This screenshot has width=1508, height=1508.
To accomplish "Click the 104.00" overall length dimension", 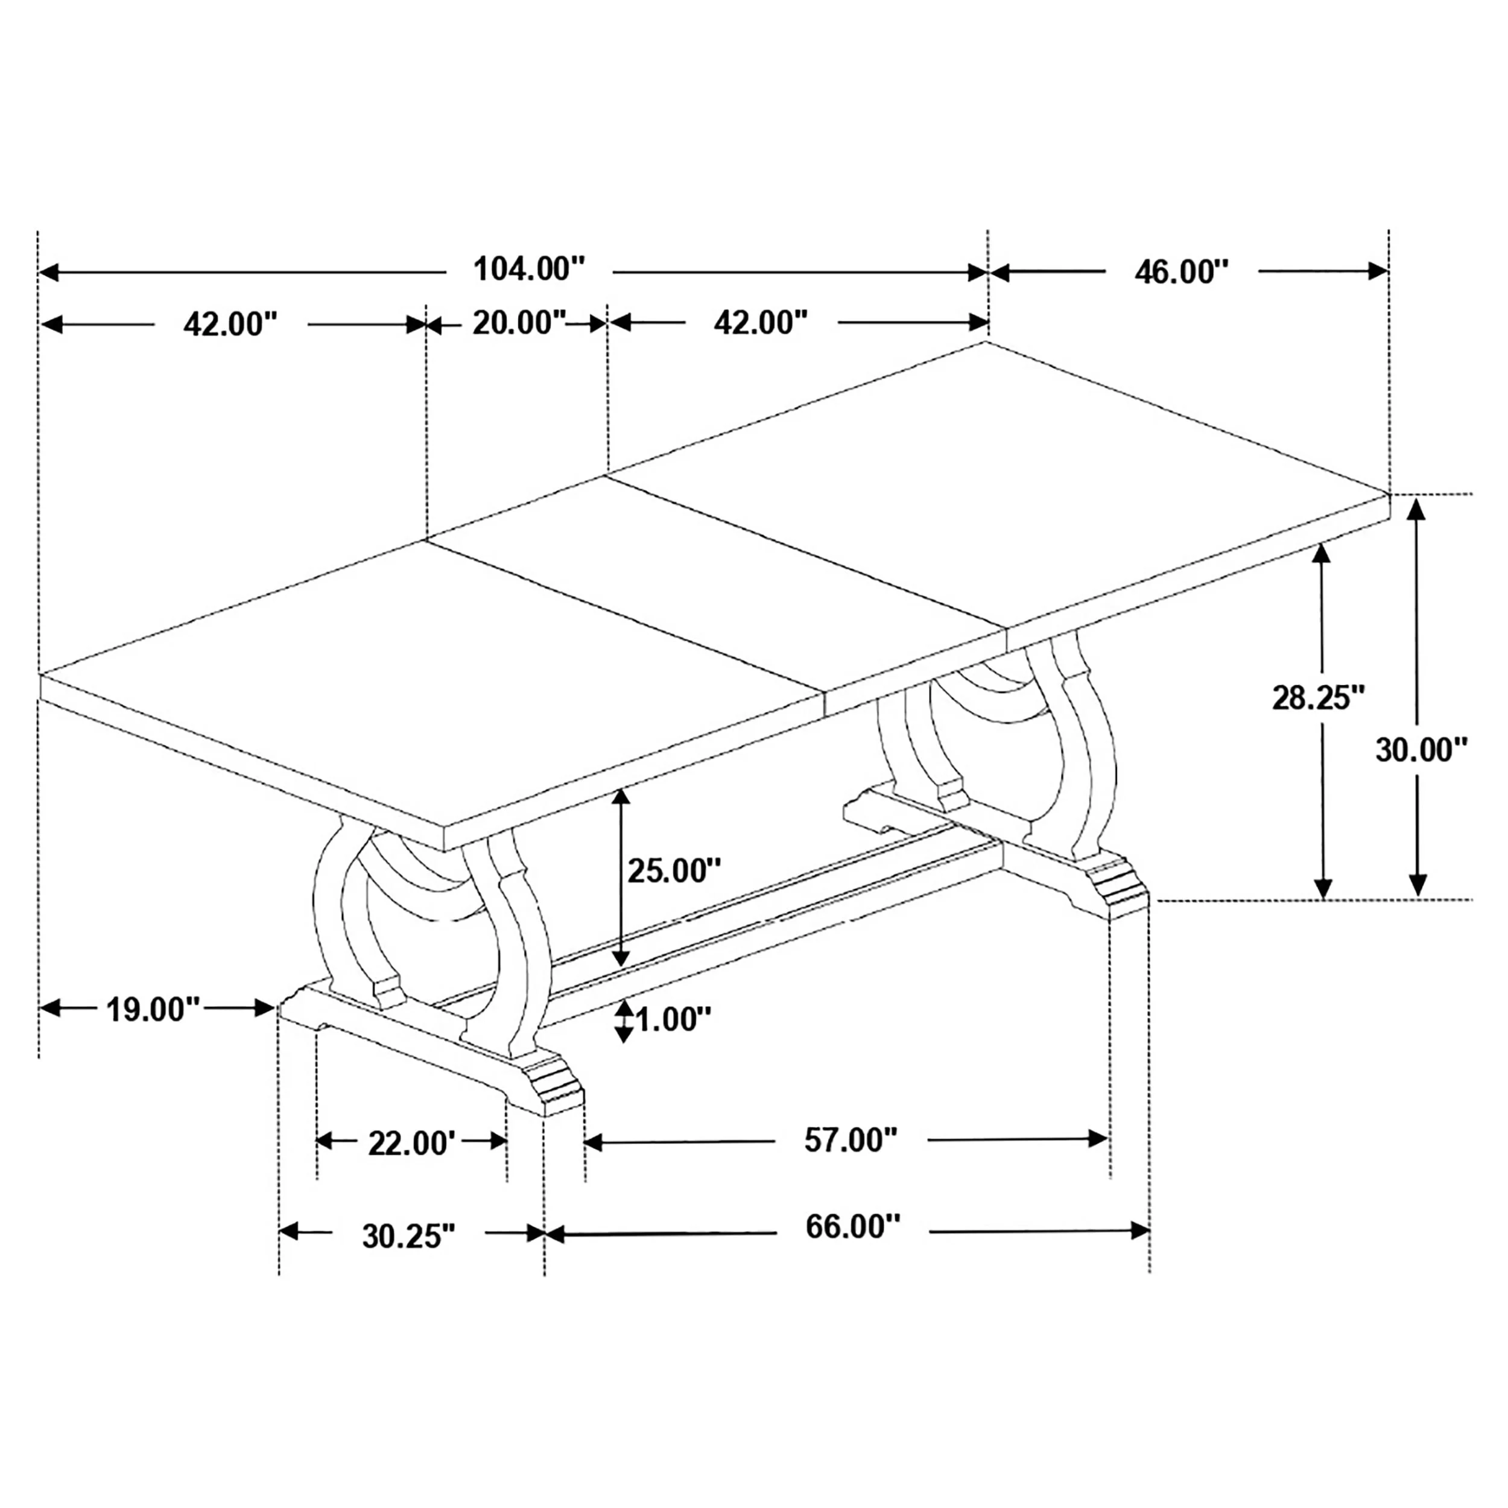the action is point(529,269).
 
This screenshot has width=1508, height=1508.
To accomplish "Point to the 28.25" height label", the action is point(1319,697).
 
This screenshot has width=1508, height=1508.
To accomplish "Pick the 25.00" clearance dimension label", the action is point(674,870).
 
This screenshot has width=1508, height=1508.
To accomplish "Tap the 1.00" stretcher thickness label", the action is point(674,1019).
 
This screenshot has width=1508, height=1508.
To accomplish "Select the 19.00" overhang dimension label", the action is point(153,1009).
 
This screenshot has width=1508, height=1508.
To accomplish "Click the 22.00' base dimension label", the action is point(411,1144).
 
